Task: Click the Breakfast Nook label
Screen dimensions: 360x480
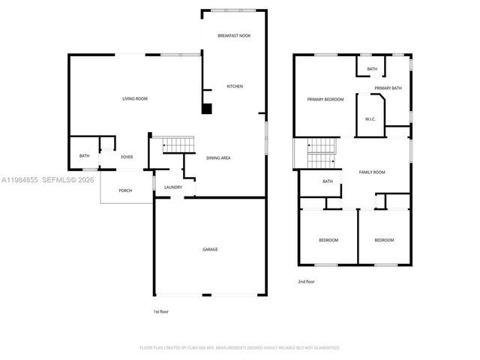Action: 234,36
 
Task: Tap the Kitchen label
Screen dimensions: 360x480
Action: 235,86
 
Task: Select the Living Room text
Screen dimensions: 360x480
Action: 135,99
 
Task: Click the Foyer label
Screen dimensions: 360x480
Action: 127,157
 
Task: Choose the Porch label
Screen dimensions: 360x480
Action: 125,190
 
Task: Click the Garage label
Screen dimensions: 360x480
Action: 210,249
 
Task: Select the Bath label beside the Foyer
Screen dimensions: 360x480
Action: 85,156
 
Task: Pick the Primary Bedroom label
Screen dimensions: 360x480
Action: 325,99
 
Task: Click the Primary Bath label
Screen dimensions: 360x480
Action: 388,88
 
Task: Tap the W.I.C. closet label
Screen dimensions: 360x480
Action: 370,119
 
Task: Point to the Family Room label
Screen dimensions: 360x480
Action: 372,172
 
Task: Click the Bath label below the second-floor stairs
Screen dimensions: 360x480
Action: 328,181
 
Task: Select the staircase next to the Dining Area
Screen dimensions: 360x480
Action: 178,144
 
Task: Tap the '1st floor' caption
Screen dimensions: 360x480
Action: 160,311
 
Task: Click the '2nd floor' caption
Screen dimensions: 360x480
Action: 306,281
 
